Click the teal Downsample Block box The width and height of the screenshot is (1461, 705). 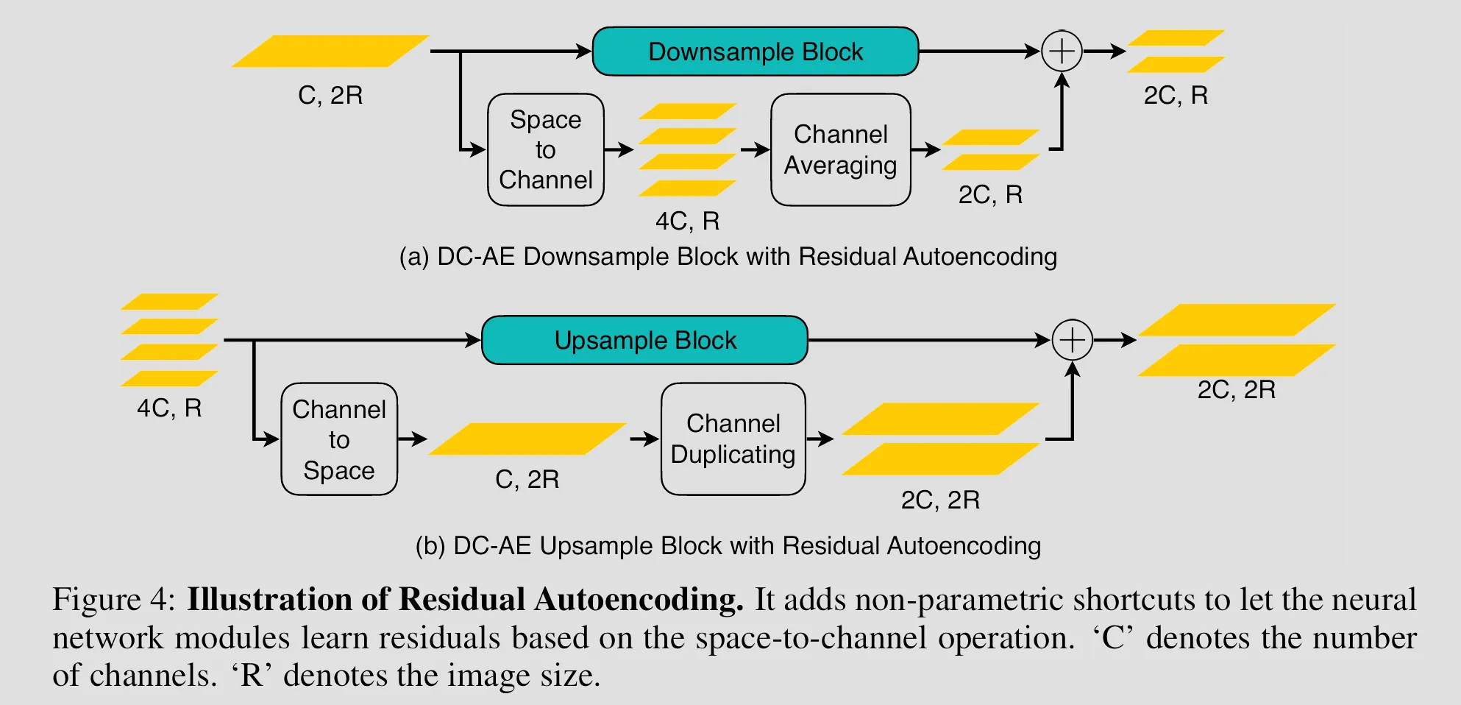(x=756, y=52)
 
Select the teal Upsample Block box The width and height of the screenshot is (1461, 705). (x=644, y=340)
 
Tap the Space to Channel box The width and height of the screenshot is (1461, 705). (x=545, y=149)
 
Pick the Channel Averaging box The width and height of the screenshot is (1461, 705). (x=840, y=149)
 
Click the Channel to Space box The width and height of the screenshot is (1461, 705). (x=339, y=439)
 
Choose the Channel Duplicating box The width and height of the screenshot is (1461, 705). (x=733, y=439)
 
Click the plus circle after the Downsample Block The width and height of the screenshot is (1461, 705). (x=1062, y=52)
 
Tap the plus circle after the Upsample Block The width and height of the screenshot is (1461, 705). (x=1072, y=340)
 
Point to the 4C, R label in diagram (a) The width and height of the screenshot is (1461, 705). (x=687, y=221)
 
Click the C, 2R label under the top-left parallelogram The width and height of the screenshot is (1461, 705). (x=330, y=96)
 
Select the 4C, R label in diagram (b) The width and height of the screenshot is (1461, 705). (x=169, y=408)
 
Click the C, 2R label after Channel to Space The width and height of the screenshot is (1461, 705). (x=527, y=480)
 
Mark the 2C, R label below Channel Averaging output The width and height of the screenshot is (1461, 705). (x=990, y=195)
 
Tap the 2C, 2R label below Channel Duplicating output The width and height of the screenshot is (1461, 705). (x=940, y=500)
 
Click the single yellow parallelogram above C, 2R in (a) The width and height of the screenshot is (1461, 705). (x=330, y=52)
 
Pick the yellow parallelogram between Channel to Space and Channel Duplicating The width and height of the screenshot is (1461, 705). (x=527, y=439)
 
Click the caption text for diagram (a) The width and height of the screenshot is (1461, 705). (x=728, y=257)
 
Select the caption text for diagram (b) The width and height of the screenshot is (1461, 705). (x=728, y=546)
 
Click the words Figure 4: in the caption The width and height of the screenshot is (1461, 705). (x=114, y=600)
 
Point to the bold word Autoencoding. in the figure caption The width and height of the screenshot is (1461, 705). (x=639, y=600)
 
